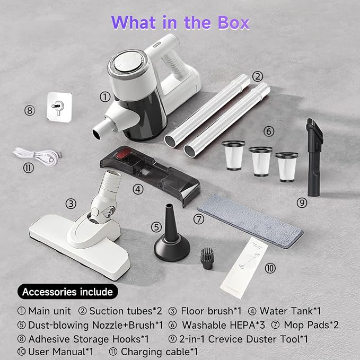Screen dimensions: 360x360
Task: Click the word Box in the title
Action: click(x=233, y=23)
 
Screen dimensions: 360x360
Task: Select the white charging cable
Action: click(x=37, y=156)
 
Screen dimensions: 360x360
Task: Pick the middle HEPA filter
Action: click(x=260, y=161)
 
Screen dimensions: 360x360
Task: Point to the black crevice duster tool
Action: click(x=314, y=157)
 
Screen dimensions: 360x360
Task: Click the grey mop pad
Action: click(x=250, y=221)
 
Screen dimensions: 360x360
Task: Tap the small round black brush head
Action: click(x=207, y=258)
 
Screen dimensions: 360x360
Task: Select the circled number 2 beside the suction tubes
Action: click(x=257, y=76)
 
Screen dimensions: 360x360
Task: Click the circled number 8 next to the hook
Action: click(x=30, y=110)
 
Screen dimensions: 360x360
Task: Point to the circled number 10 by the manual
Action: click(x=270, y=268)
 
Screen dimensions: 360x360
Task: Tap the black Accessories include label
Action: click(x=68, y=292)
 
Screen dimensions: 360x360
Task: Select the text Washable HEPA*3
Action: click(x=223, y=325)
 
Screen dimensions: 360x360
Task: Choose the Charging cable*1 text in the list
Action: click(x=160, y=352)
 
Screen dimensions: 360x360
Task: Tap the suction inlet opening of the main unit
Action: click(x=96, y=134)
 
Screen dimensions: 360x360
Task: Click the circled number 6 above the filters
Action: click(x=269, y=131)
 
